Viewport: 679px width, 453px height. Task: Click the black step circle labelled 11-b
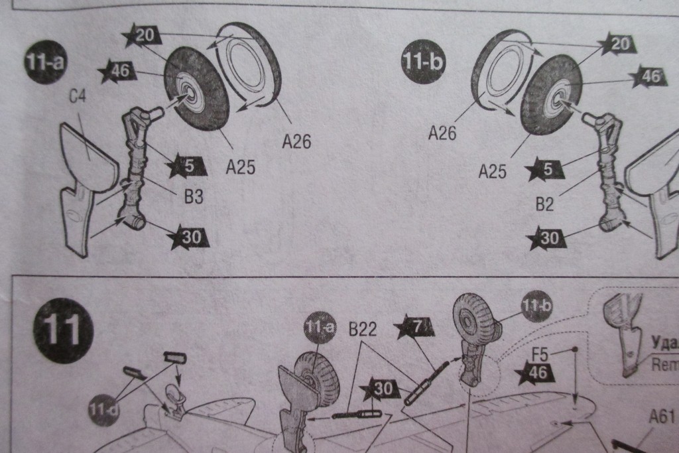pyautogui.click(x=424, y=63)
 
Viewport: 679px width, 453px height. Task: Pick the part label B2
pyautogui.click(x=544, y=204)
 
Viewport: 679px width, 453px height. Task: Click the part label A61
pyautogui.click(x=660, y=417)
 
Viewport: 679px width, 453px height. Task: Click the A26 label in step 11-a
pyautogui.click(x=296, y=142)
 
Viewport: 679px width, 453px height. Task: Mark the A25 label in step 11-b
pyautogui.click(x=493, y=172)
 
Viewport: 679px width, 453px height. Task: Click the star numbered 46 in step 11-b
pyautogui.click(x=649, y=77)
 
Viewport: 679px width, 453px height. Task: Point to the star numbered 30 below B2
pyautogui.click(x=548, y=237)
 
